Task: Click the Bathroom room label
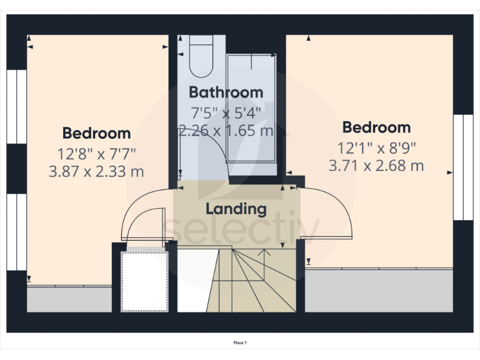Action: (x=226, y=92)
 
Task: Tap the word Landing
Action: (x=236, y=209)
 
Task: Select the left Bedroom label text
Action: (x=96, y=133)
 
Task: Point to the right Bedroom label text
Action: (x=376, y=127)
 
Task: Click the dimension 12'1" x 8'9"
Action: (x=376, y=148)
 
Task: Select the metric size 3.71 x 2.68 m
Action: (x=376, y=166)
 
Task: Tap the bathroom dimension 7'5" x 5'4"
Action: (x=226, y=113)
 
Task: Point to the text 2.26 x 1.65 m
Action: (x=226, y=131)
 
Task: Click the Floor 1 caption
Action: (x=240, y=343)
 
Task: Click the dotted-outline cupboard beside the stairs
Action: (x=144, y=280)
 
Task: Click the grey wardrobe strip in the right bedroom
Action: (x=378, y=290)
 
